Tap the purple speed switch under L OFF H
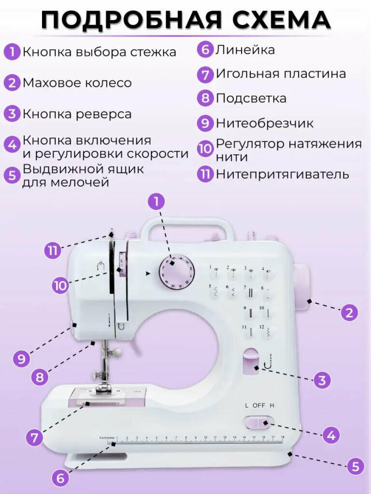point(258,423)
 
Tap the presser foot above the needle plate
point(103,388)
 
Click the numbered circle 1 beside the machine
point(156,201)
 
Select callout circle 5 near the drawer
point(355,467)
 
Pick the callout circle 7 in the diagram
point(34,438)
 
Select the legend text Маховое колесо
point(77,83)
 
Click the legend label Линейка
point(245,50)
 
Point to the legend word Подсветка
point(251,98)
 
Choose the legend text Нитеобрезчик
point(264,123)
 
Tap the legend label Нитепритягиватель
point(282,174)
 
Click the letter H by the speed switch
point(272,405)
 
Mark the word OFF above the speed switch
point(259,405)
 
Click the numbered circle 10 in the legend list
point(205,149)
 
